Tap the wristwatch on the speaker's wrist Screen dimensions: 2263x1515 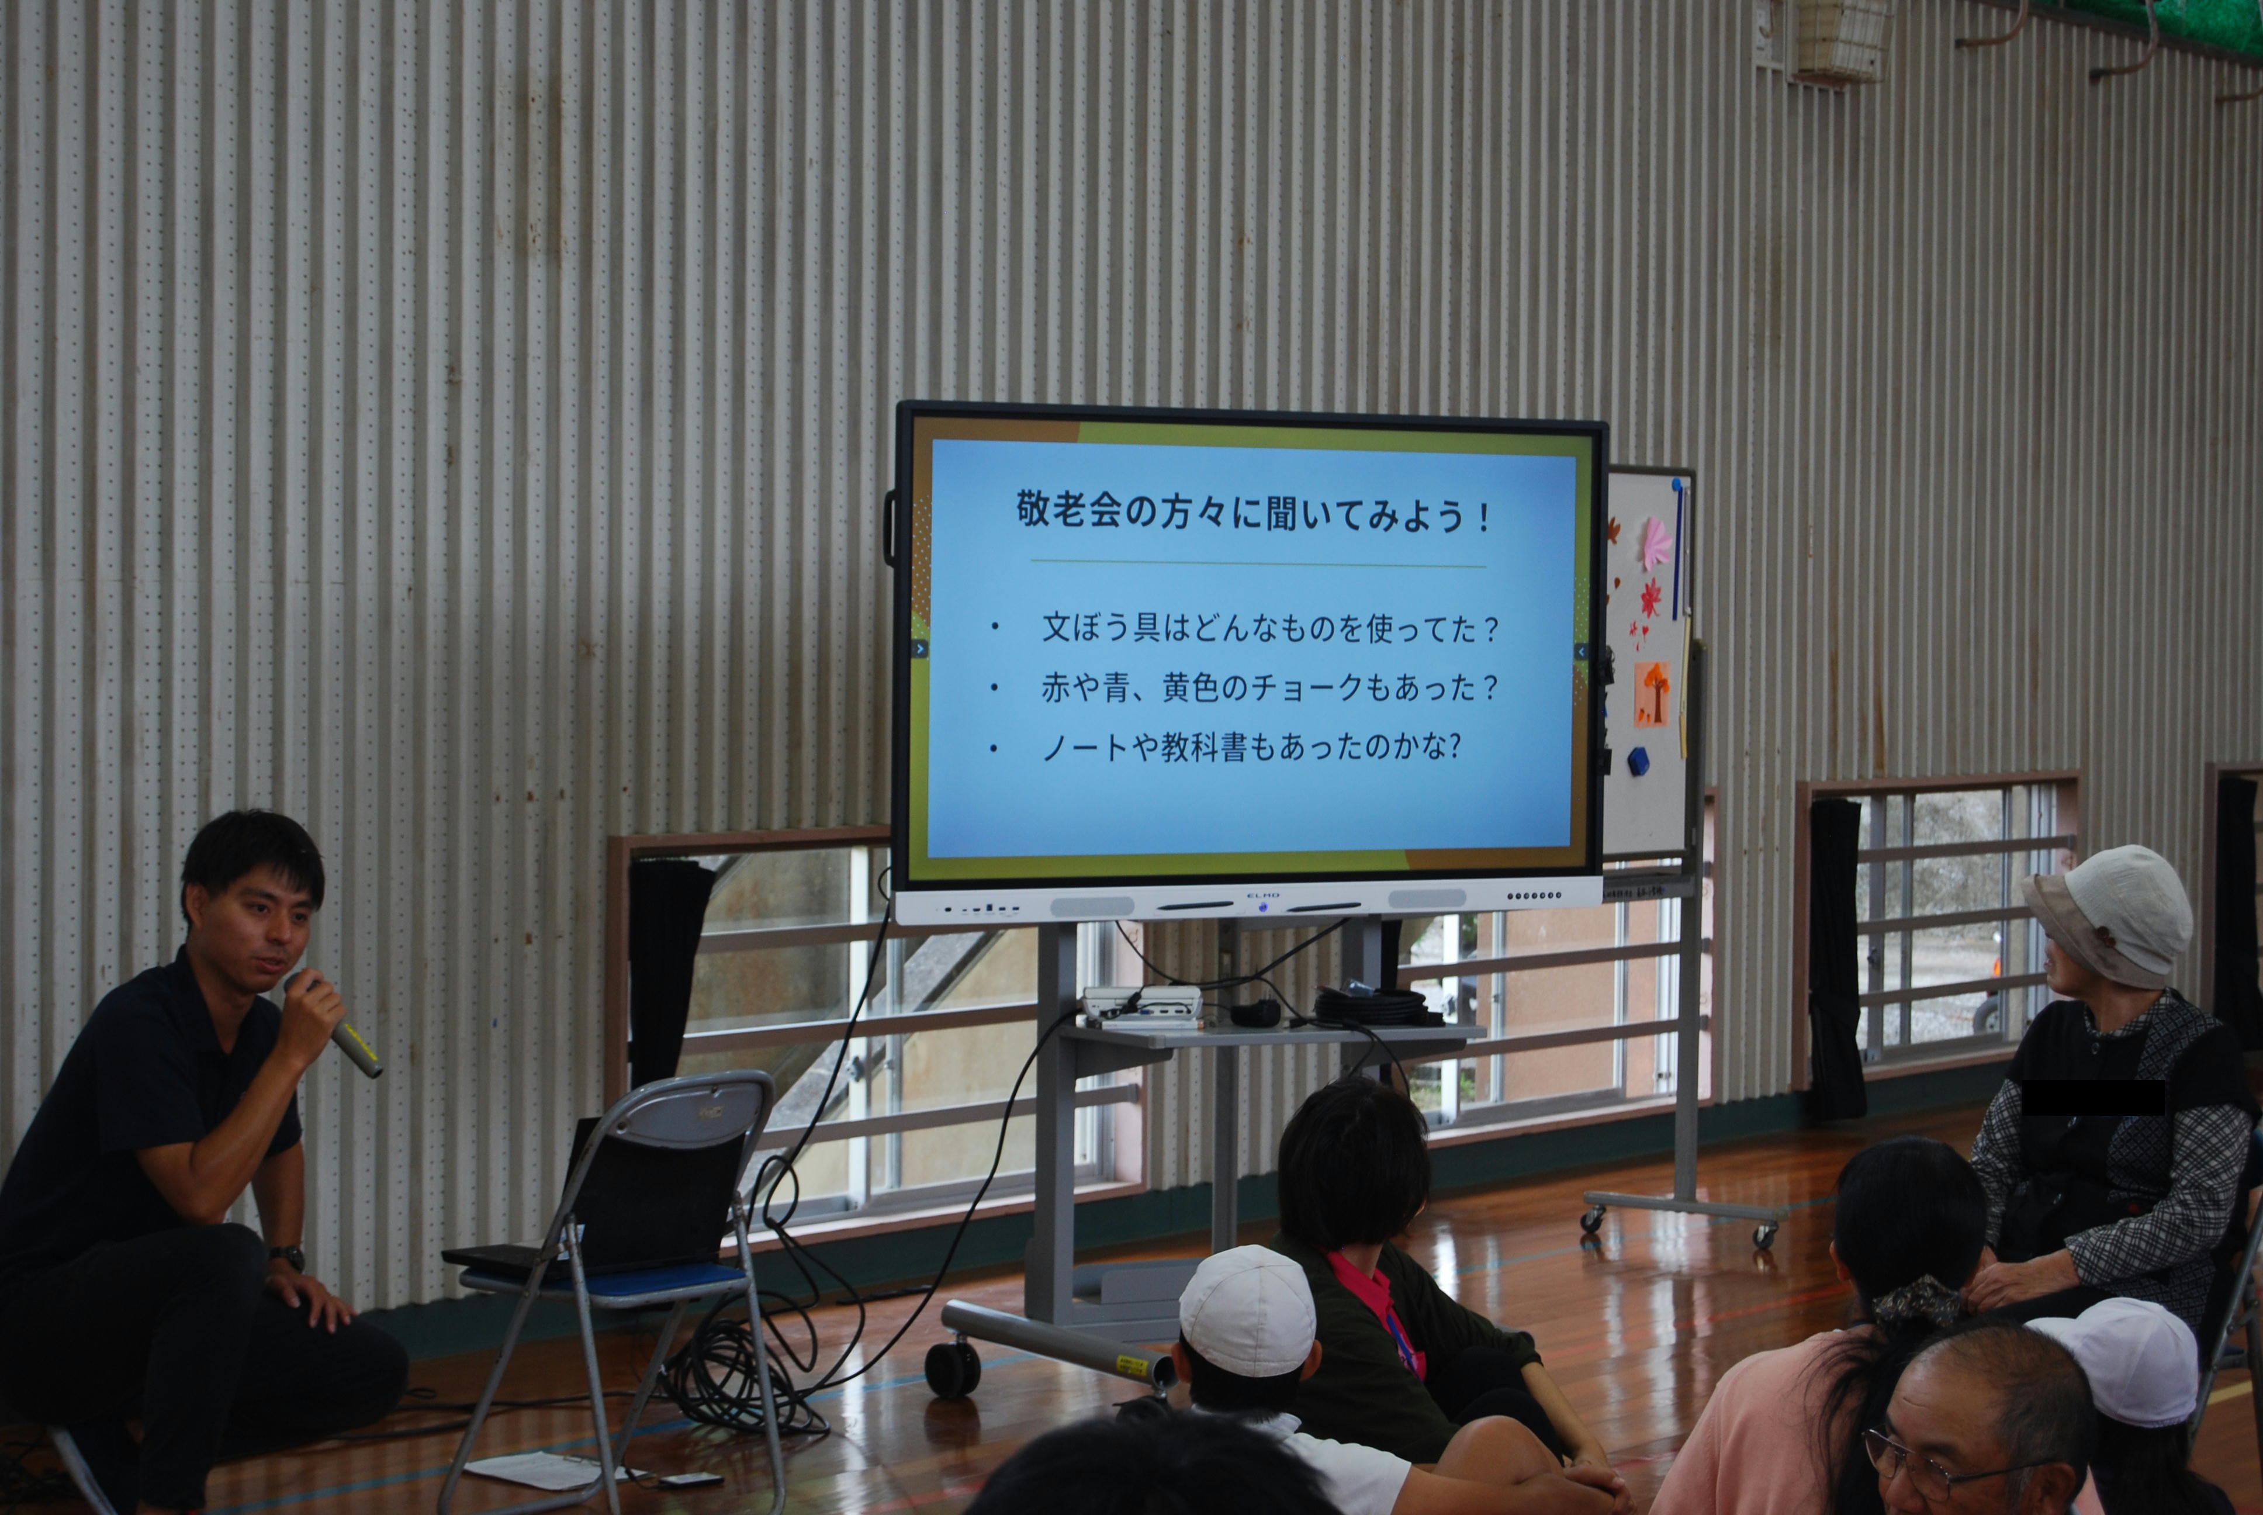click(x=288, y=1257)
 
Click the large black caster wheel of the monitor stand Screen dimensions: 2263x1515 click(x=952, y=1369)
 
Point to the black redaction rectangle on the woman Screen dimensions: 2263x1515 click(x=2092, y=1097)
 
